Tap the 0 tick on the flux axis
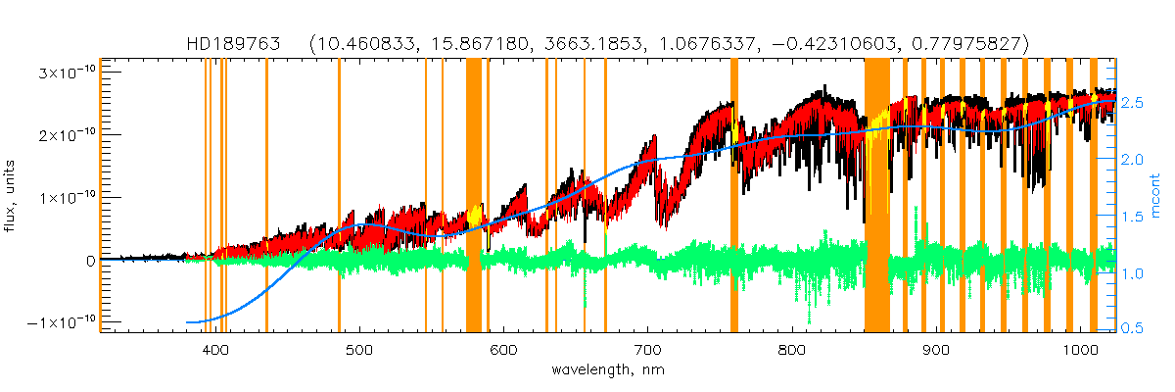[89, 261]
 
